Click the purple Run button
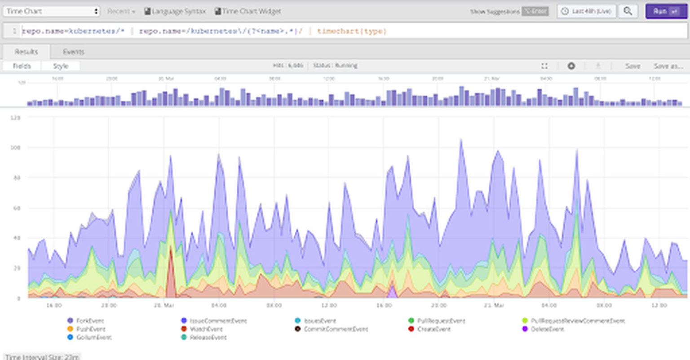666,11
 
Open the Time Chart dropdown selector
52,11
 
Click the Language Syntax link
175,11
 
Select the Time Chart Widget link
248,11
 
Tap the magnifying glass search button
628,11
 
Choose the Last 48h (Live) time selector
587,11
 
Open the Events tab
73,52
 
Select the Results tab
26,52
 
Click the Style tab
61,66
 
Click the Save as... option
668,66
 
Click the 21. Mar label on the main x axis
494,305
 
